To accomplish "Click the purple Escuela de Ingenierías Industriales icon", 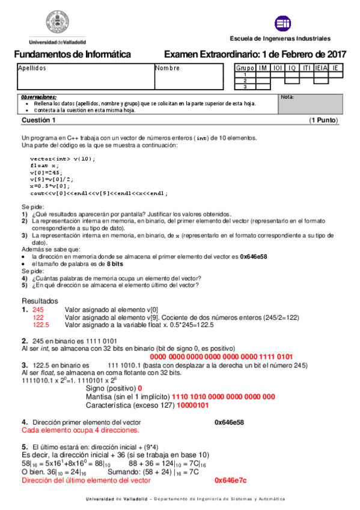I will pos(282,23).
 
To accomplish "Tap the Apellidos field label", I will pos(32,68).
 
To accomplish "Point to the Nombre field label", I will pos(167,68).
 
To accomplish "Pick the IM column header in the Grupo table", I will pos(263,68).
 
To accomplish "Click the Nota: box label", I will pos(287,97).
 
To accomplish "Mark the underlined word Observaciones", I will pos(38,97).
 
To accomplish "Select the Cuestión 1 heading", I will pos(38,120).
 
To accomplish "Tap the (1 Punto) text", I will pos(323,120).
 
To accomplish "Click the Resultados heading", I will pos(40,300).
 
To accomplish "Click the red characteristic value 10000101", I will pos(191,405).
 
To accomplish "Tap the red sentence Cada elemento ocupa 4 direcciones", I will pos(81,431).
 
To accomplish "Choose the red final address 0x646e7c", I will pos(231,481).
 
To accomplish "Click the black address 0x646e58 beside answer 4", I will pos(229,423).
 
